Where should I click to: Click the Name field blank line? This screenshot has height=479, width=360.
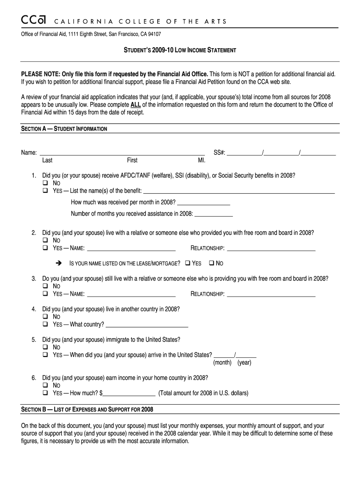(122, 153)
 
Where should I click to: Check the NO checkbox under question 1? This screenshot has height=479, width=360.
(45, 183)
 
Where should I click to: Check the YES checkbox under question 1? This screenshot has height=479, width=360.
(45, 191)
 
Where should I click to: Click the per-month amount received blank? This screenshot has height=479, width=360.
(204, 203)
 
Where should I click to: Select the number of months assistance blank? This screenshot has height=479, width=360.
(213, 214)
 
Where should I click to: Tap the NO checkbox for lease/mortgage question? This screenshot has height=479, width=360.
(211, 263)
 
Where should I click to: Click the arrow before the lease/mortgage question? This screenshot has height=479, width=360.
(58, 263)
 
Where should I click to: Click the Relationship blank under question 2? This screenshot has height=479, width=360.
(271, 248)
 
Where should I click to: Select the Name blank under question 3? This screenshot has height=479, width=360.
(131, 294)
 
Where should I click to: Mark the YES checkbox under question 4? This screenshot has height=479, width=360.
(45, 325)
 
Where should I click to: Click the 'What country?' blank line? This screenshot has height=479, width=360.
(147, 325)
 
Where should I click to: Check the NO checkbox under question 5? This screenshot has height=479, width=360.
(45, 348)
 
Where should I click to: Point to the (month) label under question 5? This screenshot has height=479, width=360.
(223, 363)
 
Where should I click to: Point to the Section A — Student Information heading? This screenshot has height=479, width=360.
(64, 129)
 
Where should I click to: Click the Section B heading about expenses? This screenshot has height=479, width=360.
(87, 410)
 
